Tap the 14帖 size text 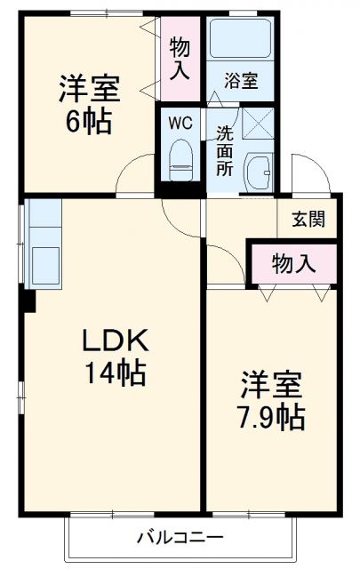pos(114,373)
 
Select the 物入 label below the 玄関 pos(293,263)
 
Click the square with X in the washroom pos(258,120)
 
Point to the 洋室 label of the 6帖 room pos(89,90)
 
